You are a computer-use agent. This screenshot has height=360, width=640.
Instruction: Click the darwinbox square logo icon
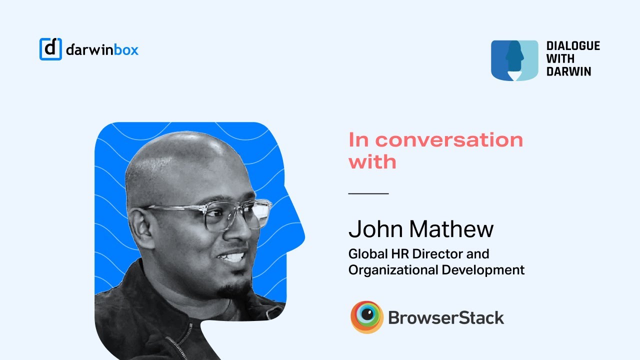(x=50, y=49)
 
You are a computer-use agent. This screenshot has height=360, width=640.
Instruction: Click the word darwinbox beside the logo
(x=102, y=49)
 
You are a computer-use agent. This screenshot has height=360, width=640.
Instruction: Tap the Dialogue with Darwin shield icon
(x=514, y=60)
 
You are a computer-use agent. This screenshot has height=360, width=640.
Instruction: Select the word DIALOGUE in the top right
(x=573, y=46)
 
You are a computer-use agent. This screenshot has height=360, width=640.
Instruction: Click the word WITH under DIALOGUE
(x=560, y=59)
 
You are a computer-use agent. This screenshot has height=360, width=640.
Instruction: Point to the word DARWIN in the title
(x=568, y=71)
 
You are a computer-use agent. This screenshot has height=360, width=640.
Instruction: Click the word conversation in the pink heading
(x=449, y=139)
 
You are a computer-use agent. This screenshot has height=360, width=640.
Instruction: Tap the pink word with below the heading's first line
(x=372, y=161)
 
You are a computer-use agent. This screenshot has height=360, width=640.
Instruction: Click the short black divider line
(x=368, y=193)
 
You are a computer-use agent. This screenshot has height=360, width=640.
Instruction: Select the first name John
(x=376, y=229)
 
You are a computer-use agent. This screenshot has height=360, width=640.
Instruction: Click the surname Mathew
(x=451, y=229)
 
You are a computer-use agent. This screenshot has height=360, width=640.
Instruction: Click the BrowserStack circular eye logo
(x=366, y=317)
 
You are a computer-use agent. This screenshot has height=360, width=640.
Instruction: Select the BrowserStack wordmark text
(x=446, y=317)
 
